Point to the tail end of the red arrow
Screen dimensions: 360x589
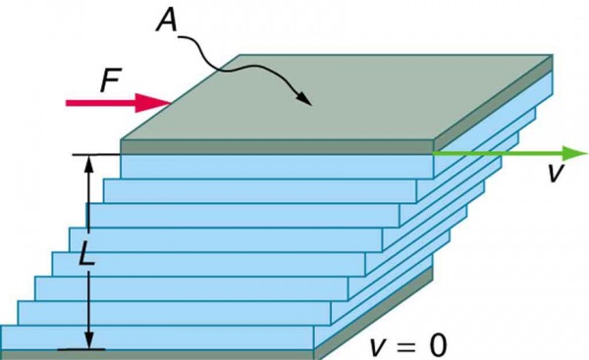coord(69,102)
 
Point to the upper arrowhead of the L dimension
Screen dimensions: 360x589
coord(90,164)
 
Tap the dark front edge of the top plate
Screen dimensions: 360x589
coord(275,147)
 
